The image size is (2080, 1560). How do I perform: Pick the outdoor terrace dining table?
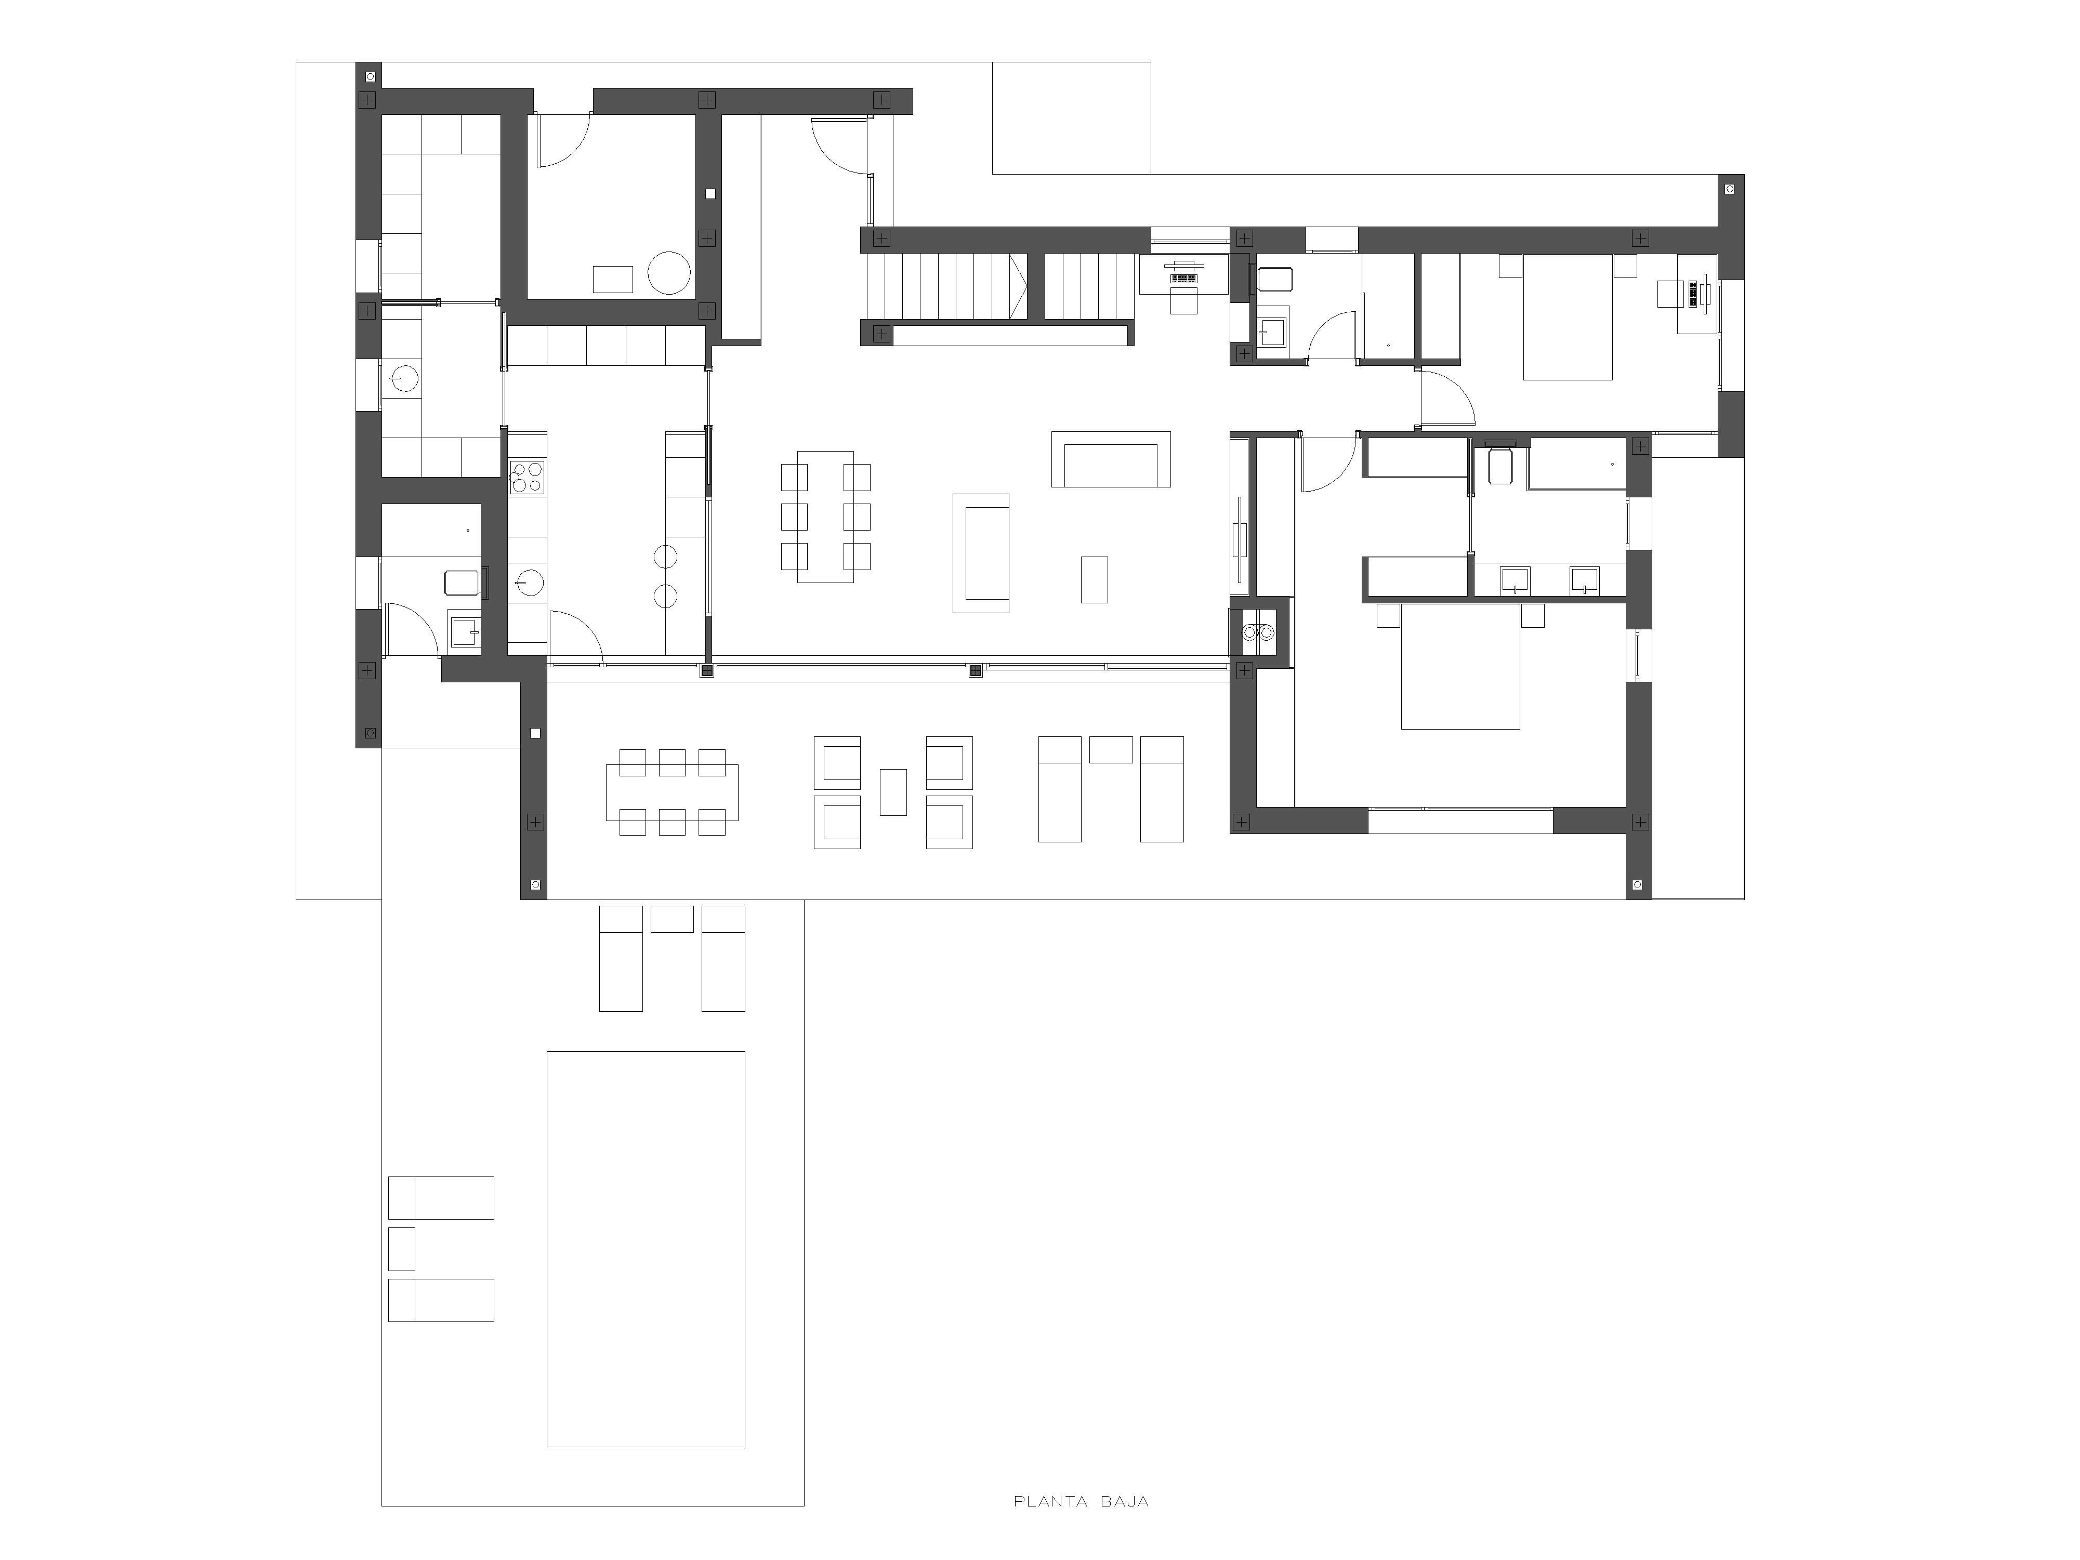[673, 792]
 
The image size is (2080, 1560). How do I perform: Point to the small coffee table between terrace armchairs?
[893, 792]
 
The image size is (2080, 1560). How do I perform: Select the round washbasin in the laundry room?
[402, 377]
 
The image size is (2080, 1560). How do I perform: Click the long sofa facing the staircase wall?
[1111, 459]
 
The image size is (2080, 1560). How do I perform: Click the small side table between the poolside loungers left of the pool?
[402, 1249]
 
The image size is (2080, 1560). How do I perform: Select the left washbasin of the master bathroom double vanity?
[1515, 579]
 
